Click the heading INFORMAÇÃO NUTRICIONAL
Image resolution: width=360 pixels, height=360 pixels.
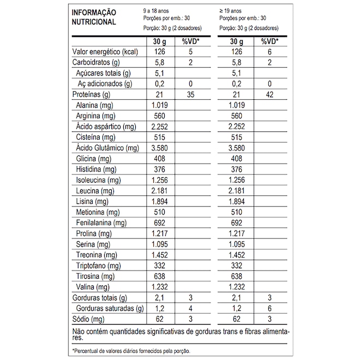[94, 17]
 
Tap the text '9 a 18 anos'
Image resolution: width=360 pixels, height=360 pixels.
[155, 11]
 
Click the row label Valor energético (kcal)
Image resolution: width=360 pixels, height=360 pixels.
[104, 52]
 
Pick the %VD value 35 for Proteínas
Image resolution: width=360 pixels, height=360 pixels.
[190, 94]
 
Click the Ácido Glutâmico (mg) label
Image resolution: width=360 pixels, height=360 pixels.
[108, 148]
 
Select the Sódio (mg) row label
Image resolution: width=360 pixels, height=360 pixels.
[88, 319]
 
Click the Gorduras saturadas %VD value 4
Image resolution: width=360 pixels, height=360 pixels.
[190, 308]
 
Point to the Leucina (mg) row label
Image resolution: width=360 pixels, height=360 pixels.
[95, 190]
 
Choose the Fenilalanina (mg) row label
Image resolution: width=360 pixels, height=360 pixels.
[101, 223]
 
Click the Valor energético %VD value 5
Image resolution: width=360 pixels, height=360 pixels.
[190, 52]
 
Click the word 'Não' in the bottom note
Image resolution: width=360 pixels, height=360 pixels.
[79, 331]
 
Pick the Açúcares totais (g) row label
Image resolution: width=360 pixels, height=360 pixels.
[104, 73]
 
